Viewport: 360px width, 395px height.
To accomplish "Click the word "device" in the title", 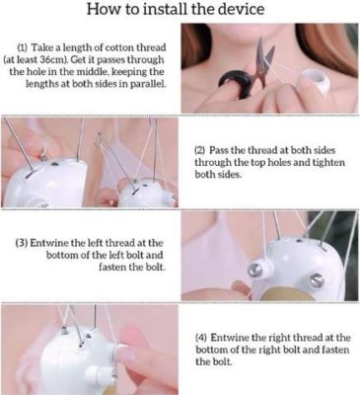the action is tap(245, 9).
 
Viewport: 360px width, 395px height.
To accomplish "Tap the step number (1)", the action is tap(23, 48).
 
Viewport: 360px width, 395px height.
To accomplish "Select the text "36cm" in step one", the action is tap(52, 60).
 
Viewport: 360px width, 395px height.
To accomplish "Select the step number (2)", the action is tap(200, 150).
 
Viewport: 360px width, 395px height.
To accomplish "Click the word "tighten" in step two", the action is tap(328, 163).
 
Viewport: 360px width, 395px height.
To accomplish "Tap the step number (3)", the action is tap(22, 243).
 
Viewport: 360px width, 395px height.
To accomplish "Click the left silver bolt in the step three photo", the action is tap(256, 270).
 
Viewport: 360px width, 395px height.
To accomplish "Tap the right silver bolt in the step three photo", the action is tap(317, 280).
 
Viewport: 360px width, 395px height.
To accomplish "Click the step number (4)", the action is tap(201, 338).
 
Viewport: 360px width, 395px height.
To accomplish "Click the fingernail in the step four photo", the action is tap(125, 354).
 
